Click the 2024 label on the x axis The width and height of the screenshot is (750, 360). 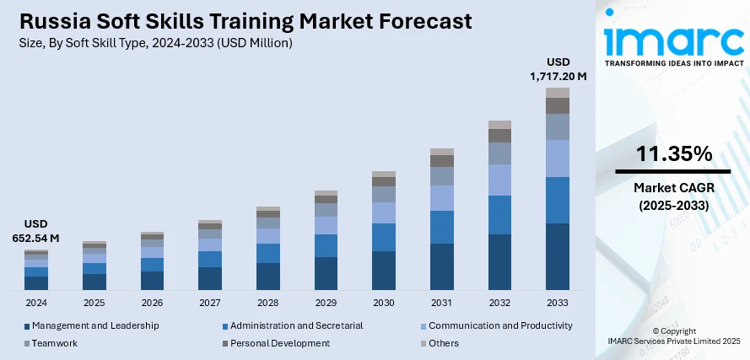[x=36, y=302]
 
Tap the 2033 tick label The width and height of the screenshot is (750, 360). [x=558, y=302]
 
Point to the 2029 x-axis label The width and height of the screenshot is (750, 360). [x=326, y=302]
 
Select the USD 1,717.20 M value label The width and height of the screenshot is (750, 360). [x=558, y=69]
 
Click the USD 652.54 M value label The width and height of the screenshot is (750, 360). [x=36, y=231]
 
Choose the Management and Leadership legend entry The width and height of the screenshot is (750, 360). [x=94, y=325]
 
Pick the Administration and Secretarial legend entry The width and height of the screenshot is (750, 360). [x=296, y=325]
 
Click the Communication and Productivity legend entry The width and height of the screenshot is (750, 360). [x=500, y=325]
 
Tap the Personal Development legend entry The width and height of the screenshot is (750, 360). [x=279, y=343]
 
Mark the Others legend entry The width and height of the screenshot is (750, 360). [x=443, y=343]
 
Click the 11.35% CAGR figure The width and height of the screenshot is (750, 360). [x=673, y=154]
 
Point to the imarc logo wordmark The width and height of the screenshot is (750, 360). [x=672, y=40]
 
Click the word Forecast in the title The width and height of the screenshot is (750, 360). [x=423, y=20]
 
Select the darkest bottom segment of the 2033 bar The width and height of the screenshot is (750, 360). [x=558, y=256]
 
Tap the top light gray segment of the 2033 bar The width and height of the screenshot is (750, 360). [x=558, y=92]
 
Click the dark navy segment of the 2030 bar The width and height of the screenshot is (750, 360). [x=384, y=270]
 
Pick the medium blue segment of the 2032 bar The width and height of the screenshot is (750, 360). [x=500, y=214]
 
